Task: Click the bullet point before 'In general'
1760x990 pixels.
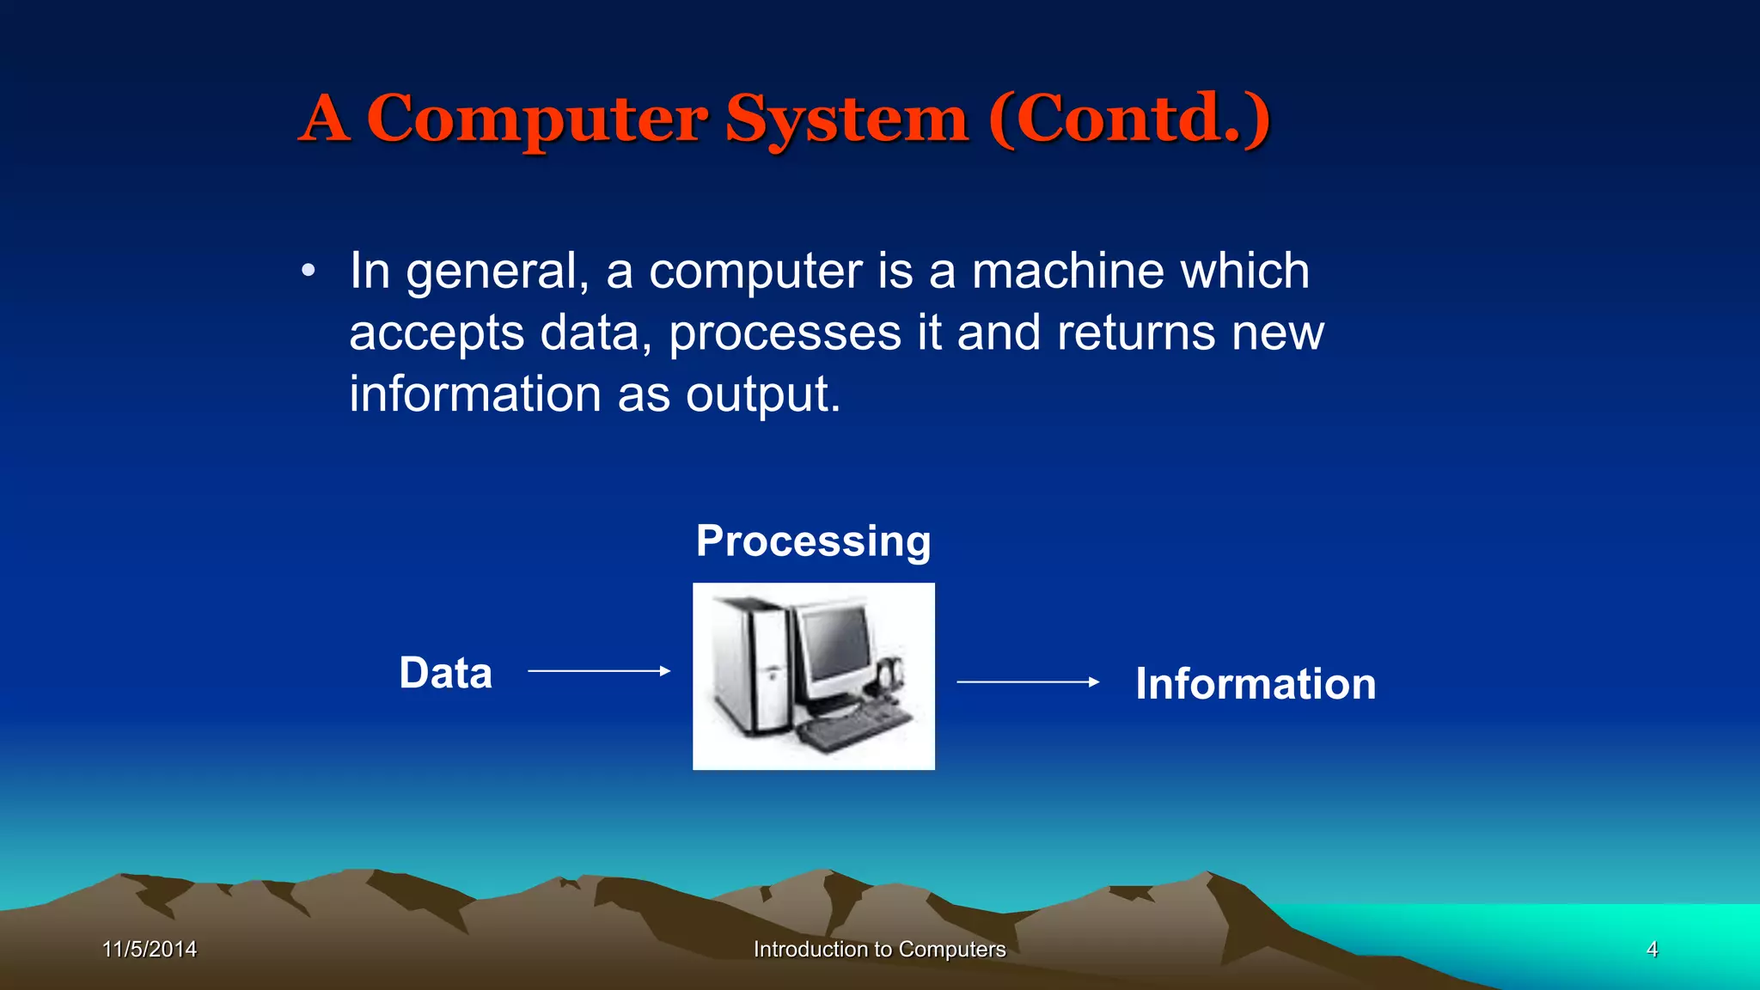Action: point(309,272)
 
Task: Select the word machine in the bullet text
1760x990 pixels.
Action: point(1066,272)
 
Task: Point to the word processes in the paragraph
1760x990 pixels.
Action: point(785,333)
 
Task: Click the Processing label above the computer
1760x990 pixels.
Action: point(813,541)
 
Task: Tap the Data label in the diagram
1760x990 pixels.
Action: point(445,673)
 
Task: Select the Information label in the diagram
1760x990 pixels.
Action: point(1256,684)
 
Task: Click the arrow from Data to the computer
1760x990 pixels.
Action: point(599,671)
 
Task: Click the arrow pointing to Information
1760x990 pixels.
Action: point(1028,682)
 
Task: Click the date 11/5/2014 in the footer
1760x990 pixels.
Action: point(150,950)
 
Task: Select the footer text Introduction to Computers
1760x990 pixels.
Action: point(879,950)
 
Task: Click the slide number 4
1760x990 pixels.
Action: point(1652,950)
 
